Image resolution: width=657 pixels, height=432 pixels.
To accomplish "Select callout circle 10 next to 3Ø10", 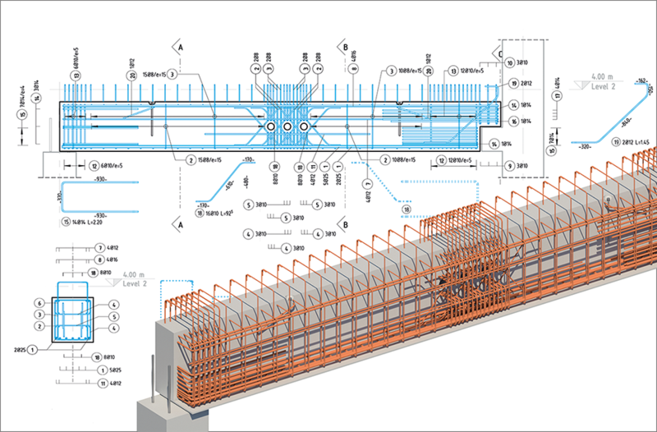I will pos(510,62).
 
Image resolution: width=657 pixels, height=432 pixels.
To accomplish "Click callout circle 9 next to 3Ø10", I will pos(510,166).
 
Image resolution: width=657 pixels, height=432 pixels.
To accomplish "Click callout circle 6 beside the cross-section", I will pos(38,302).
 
